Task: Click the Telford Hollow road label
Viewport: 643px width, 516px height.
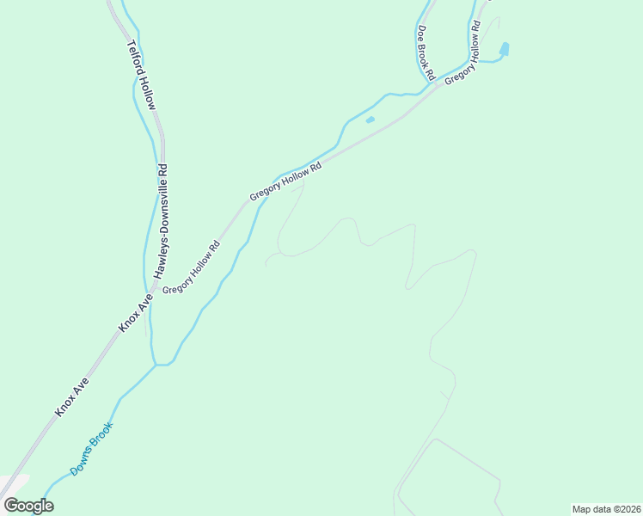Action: [142, 76]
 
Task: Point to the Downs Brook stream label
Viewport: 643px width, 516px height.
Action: [91, 448]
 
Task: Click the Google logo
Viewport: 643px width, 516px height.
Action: [28, 506]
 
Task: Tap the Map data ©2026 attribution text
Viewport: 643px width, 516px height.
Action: [606, 508]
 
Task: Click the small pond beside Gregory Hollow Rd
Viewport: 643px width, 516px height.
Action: [370, 120]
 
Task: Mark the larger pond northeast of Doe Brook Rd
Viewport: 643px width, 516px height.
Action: [504, 49]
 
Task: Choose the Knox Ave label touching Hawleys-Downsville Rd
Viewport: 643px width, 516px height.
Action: [136, 311]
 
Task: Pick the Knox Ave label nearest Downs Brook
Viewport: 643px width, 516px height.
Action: [72, 396]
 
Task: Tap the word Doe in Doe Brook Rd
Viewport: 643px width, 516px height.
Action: [421, 31]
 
